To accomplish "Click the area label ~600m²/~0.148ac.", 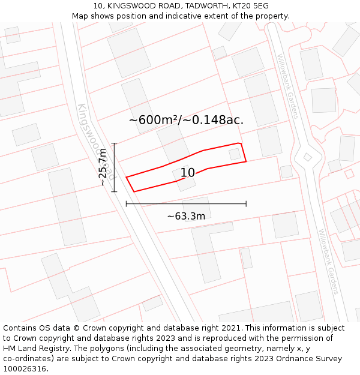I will pos(186,120).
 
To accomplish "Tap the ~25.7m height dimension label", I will pos(103,167).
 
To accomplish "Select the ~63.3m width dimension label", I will pos(186,216).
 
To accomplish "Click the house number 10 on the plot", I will pos(188,173).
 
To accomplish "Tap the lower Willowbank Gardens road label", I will pos(329,261).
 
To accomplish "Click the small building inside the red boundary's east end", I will pos(235,155).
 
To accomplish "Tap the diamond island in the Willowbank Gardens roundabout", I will pos(308,157).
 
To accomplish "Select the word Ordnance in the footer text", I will pos(292,359).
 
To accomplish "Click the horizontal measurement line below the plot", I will pos(186,204).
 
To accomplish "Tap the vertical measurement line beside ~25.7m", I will pos(114,167).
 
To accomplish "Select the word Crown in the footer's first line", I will pos(89,328).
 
